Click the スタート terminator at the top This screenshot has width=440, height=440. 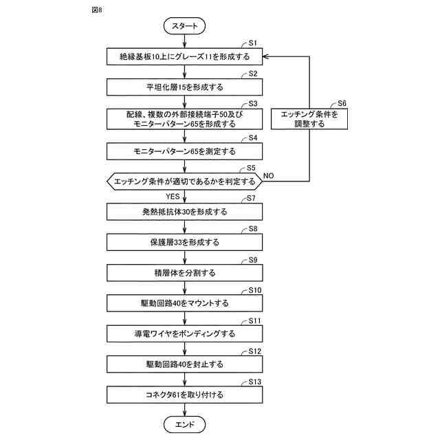tap(184, 26)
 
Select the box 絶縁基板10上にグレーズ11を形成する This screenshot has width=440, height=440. tap(184, 56)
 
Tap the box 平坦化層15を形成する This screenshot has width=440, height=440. tap(184, 87)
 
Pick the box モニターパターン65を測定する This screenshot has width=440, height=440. tap(184, 151)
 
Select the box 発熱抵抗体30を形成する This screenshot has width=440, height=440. tap(184, 212)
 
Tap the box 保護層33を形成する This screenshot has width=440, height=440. tap(184, 243)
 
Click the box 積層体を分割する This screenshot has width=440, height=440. tap(184, 273)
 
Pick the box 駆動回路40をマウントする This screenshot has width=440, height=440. tap(184, 303)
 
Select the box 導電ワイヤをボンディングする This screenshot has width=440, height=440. tap(184, 334)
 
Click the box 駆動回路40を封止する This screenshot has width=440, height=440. tap(184, 364)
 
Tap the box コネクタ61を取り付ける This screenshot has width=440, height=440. tap(184, 395)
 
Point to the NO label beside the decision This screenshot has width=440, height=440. tap(268, 176)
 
